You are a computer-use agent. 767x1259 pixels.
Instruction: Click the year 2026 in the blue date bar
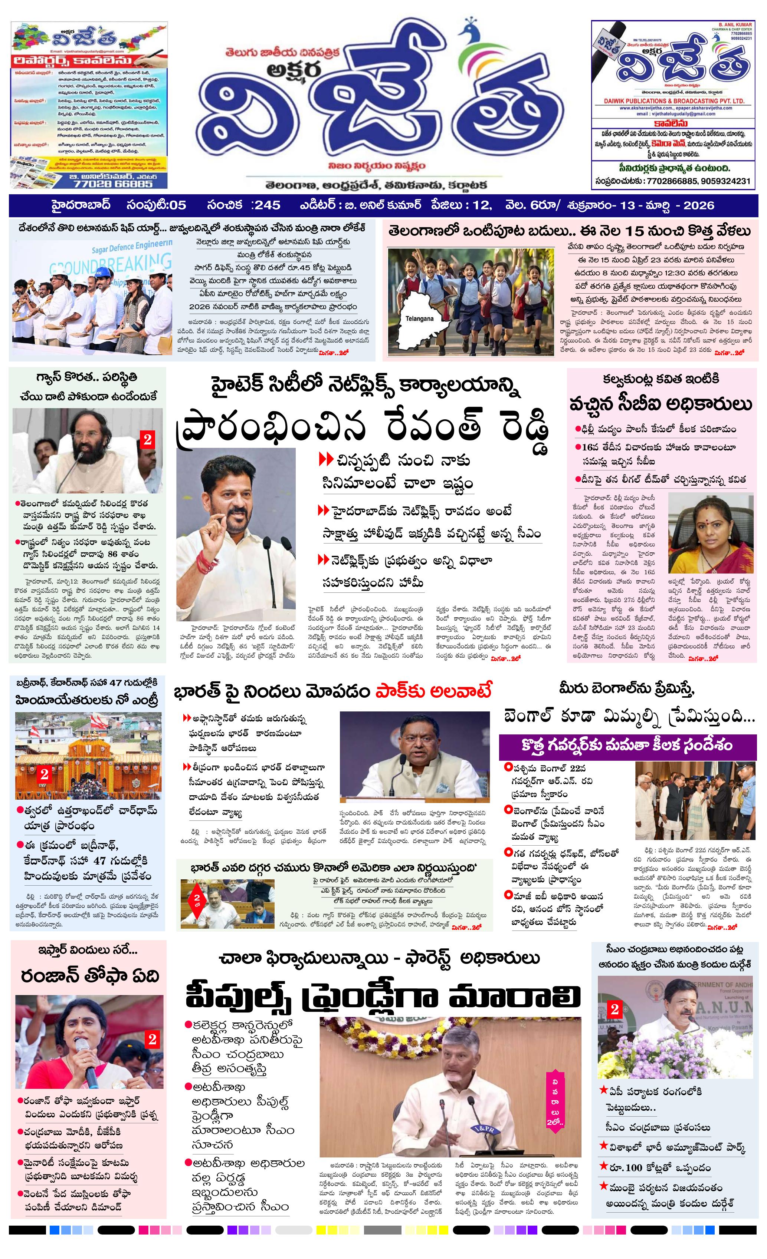[x=698, y=205]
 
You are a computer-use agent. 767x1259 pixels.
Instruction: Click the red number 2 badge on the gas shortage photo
[x=147, y=439]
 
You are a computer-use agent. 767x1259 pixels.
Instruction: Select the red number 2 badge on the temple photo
[x=45, y=774]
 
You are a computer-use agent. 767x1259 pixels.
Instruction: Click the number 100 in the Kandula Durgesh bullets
[x=633, y=1167]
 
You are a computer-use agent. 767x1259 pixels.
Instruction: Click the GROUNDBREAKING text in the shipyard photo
[x=110, y=264]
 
